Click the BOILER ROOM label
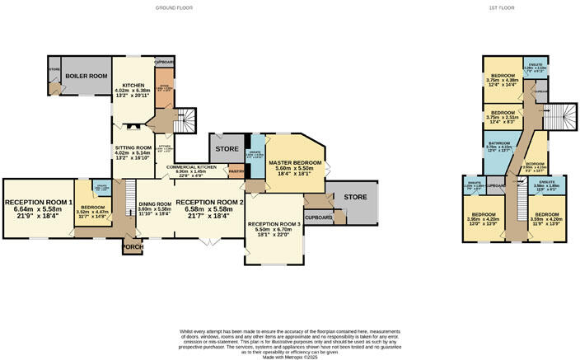click(88, 76)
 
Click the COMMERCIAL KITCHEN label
click(190, 167)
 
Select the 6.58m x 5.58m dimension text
click(209, 209)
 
